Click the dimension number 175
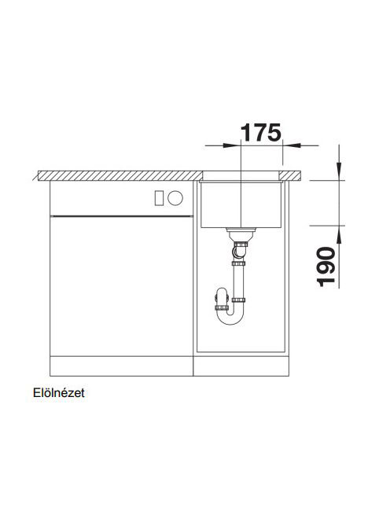click(x=261, y=133)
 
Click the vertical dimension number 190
click(x=326, y=267)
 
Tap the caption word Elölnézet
click(x=59, y=393)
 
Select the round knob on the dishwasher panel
click(x=175, y=198)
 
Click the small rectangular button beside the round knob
click(x=159, y=198)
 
